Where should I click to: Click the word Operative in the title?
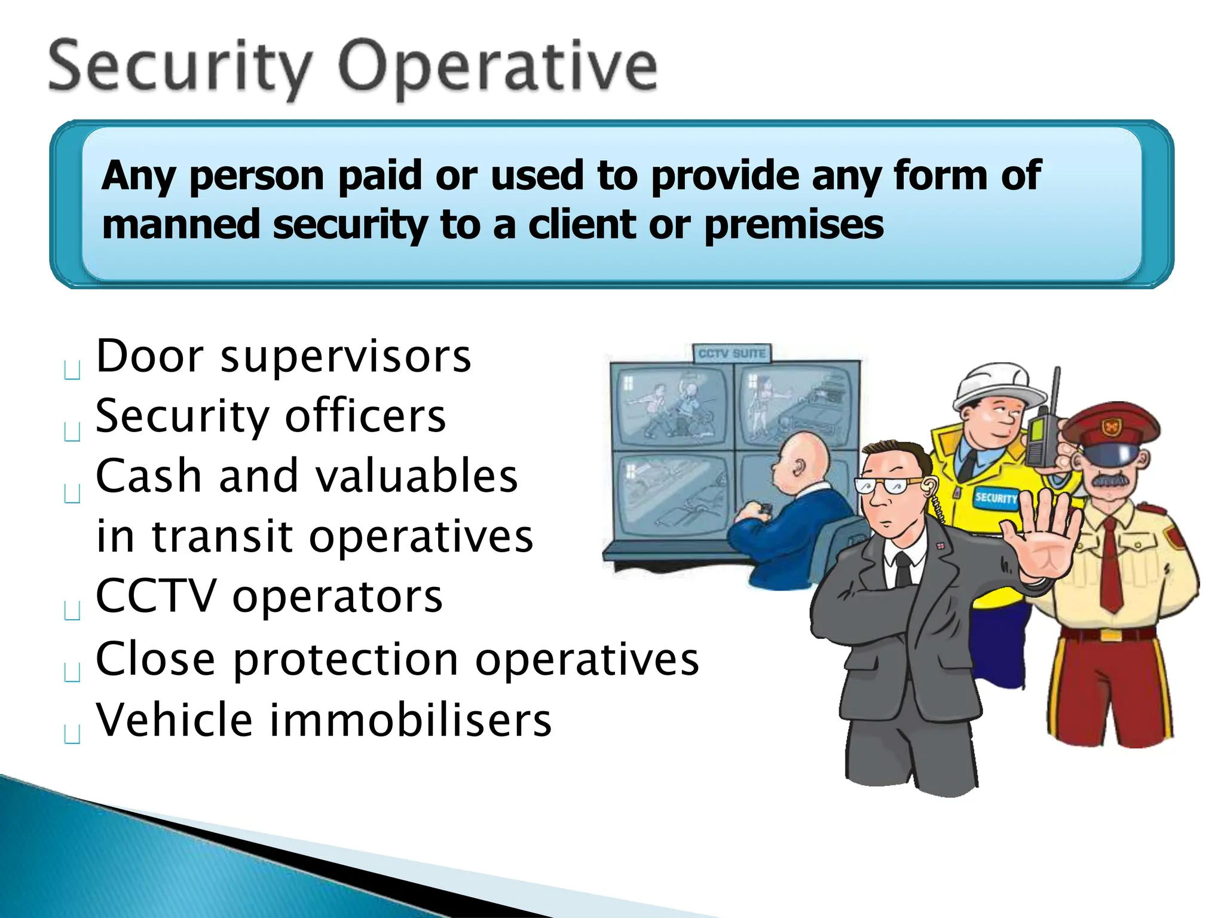click(497, 67)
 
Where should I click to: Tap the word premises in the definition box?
click(794, 225)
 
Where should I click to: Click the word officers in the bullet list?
click(365, 416)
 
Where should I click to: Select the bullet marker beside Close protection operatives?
click(72, 673)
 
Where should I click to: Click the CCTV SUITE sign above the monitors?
click(732, 354)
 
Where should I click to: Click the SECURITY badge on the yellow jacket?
click(995, 497)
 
